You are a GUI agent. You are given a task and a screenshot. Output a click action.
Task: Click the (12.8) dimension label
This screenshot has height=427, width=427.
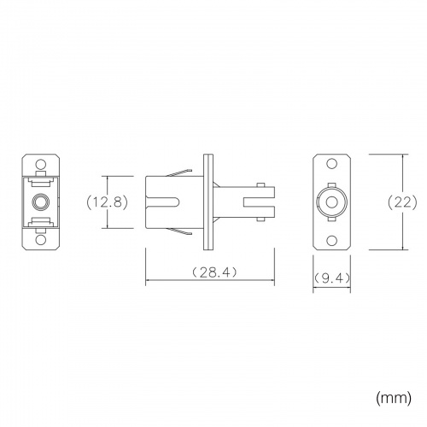point(108,202)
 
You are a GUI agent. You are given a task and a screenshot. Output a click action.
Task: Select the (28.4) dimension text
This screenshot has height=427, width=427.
point(214,272)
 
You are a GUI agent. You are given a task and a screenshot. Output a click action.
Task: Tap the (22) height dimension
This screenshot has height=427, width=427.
point(402,202)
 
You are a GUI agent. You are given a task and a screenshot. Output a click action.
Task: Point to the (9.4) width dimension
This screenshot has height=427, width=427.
point(332,278)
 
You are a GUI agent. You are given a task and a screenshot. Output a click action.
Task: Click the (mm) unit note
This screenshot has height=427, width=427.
point(394,398)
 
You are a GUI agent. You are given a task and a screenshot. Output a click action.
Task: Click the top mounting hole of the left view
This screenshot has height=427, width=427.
point(40,164)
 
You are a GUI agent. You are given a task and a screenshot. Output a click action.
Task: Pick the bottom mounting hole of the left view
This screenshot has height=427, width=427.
point(40,240)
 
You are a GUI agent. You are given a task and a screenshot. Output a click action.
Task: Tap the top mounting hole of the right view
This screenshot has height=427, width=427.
point(332,164)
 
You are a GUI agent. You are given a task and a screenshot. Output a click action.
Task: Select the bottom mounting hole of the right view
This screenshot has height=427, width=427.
point(332,241)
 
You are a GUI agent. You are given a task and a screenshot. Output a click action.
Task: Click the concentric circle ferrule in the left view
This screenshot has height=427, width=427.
point(41,202)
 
